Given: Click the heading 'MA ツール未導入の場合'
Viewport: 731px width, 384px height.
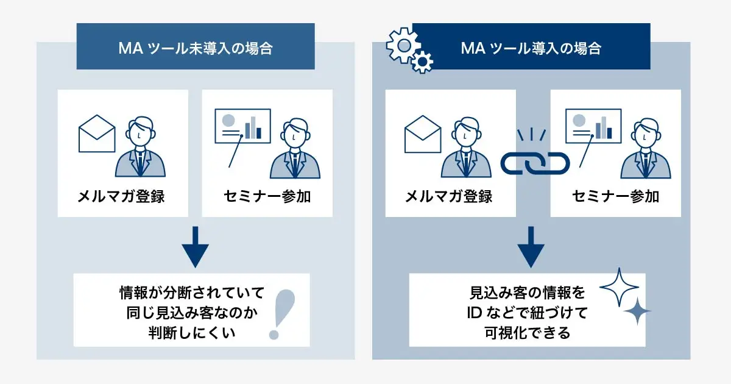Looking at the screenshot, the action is pyautogui.click(x=196, y=48).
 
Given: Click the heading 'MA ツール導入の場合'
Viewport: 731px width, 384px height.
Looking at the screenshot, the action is pyautogui.click(x=531, y=48).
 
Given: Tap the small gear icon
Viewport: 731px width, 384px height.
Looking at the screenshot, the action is pyautogui.click(x=422, y=62).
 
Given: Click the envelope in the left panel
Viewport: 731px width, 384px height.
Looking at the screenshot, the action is pyautogui.click(x=97, y=133).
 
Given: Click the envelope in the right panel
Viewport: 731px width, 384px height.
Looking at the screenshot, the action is pyautogui.click(x=423, y=134).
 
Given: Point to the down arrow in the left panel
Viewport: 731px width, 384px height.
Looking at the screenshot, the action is pyautogui.click(x=195, y=247).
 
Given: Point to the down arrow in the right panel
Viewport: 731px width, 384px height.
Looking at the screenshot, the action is pyautogui.click(x=531, y=247).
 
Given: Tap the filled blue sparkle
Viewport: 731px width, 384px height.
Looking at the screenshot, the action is pyautogui.click(x=637, y=311).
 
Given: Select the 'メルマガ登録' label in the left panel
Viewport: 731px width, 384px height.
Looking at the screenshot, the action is pyautogui.click(x=121, y=196).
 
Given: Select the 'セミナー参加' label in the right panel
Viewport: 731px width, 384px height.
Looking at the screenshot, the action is pyautogui.click(x=616, y=196).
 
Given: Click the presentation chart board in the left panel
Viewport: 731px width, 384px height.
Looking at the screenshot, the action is pyautogui.click(x=242, y=126).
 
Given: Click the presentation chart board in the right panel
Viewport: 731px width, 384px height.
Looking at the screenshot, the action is pyautogui.click(x=593, y=126).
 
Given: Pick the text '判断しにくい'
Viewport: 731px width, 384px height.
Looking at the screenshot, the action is pyautogui.click(x=191, y=333).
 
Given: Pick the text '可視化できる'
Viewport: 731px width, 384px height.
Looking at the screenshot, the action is pyautogui.click(x=527, y=333).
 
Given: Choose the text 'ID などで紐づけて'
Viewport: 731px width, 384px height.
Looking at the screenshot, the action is pyautogui.click(x=527, y=313).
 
